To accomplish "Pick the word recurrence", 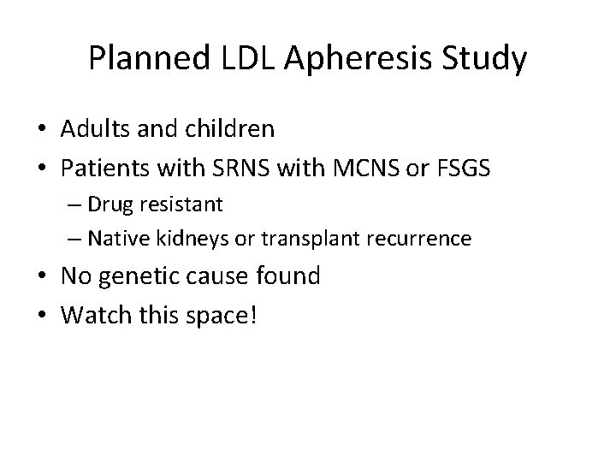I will coord(422,239).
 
